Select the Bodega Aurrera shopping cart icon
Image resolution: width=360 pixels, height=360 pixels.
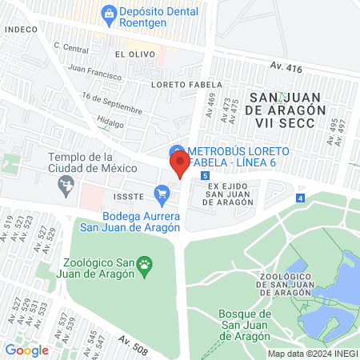(162, 193)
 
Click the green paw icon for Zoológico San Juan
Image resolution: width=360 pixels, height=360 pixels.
(145, 264)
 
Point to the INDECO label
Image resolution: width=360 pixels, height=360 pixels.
(22, 29)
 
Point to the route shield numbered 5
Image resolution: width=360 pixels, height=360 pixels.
(206, 175)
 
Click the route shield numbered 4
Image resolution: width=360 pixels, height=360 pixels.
(300, 197)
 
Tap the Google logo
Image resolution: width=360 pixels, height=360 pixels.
(26, 350)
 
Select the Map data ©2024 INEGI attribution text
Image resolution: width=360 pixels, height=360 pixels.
(311, 354)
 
